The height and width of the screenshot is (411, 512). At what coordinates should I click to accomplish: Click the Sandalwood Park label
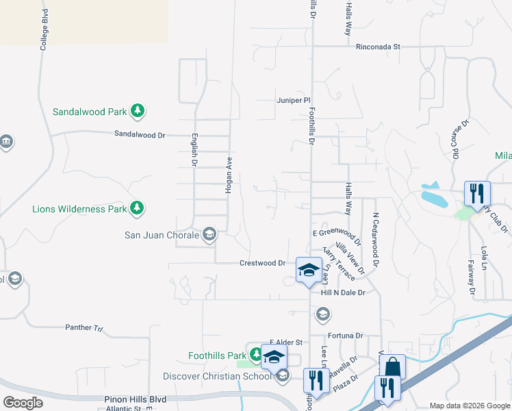coord(90,111)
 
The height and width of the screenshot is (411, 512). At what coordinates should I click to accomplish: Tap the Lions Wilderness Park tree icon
coord(138,208)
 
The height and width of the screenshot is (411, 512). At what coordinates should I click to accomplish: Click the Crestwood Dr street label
coord(262,263)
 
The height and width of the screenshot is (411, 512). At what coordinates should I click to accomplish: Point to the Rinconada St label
coord(378,47)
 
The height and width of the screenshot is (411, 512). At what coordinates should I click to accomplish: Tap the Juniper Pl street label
coord(294,100)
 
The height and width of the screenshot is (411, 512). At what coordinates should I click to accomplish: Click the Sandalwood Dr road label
coord(140,135)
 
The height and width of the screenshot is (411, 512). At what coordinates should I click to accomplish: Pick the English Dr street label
coord(194,150)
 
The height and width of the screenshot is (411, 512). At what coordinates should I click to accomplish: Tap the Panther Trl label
coord(84,328)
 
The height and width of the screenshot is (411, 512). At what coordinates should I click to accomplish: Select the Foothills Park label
coord(217,356)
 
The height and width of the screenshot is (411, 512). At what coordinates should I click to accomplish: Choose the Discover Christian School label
coord(217,376)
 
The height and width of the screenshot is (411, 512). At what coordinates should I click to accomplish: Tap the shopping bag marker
coord(394,366)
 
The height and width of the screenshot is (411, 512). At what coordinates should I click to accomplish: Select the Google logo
coord(23,403)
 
